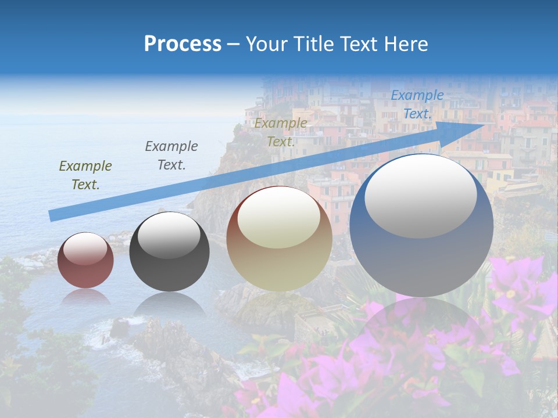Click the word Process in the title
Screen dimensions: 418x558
[x=183, y=44]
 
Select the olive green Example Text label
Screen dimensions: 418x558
[x=85, y=175]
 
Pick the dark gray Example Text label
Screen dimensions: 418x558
[x=171, y=155]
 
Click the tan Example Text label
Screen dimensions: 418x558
[x=281, y=132]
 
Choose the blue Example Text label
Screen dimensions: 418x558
[x=417, y=105]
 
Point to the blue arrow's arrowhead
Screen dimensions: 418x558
[x=477, y=125]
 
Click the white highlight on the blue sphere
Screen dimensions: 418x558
[x=420, y=195]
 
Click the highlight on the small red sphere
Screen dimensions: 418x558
[x=85, y=248]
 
